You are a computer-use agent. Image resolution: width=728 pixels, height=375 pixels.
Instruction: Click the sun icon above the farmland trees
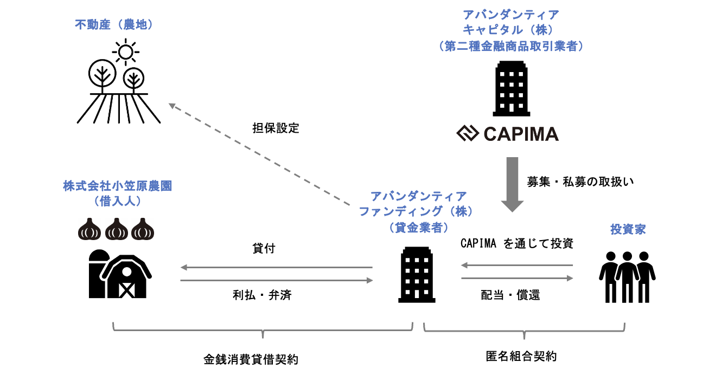click(125, 52)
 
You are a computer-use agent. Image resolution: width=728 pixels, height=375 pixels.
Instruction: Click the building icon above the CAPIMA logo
click(511, 88)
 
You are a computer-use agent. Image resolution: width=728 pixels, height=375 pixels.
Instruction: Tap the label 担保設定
click(276, 128)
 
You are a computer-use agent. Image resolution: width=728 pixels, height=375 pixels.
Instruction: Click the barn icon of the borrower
click(120, 274)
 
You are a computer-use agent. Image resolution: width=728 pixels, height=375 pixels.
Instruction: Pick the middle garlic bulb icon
click(116, 229)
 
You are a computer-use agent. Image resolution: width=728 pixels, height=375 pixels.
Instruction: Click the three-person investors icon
click(628, 276)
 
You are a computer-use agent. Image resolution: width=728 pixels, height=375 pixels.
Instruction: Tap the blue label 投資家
click(628, 230)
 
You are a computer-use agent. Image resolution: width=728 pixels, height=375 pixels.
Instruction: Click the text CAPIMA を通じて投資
click(516, 244)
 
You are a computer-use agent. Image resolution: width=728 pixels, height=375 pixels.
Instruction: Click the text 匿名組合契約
click(521, 357)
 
